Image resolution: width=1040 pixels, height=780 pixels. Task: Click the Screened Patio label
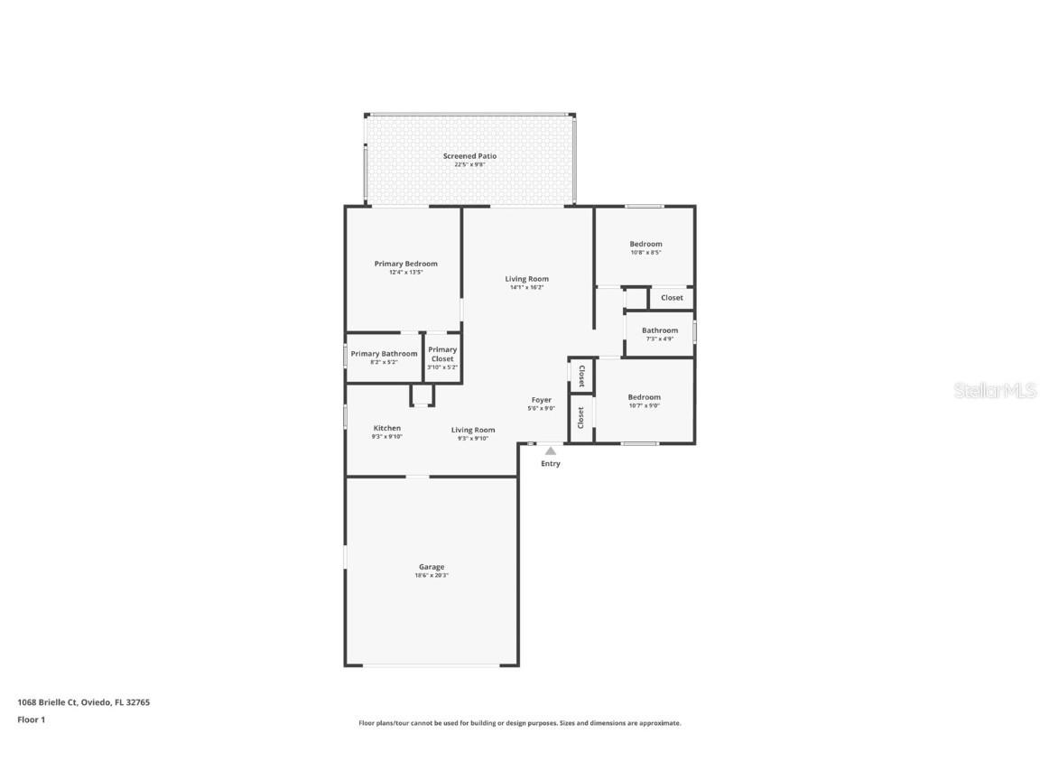click(x=469, y=156)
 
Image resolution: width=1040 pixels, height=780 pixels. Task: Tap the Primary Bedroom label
click(x=405, y=264)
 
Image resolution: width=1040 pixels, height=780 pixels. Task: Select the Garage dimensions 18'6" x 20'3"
click(x=431, y=575)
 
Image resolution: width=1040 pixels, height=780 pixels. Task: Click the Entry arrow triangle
click(x=550, y=450)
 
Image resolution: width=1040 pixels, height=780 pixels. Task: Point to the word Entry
click(x=550, y=464)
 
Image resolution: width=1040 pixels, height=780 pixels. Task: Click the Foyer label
click(x=541, y=400)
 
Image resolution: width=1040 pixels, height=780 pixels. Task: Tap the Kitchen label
click(x=386, y=428)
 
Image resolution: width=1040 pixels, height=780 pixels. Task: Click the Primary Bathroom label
click(x=384, y=354)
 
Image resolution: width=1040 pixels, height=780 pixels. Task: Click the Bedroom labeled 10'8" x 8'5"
click(x=645, y=244)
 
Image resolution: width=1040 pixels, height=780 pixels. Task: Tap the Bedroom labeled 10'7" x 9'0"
click(x=644, y=397)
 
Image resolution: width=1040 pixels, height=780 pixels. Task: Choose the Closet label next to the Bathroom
click(x=672, y=298)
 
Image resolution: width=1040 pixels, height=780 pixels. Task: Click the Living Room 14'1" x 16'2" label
click(x=526, y=279)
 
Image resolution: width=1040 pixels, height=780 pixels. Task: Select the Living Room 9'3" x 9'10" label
click(x=473, y=430)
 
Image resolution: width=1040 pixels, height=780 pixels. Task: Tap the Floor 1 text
click(x=31, y=720)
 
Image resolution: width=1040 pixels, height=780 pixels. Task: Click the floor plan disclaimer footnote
click(x=519, y=723)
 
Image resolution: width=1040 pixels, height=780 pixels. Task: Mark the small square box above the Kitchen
click(x=422, y=395)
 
